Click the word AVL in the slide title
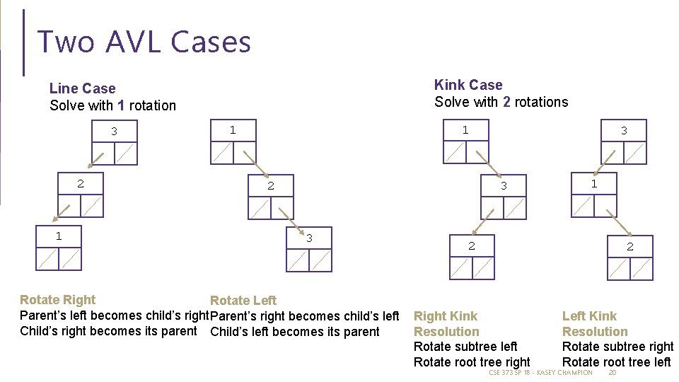tap(134, 42)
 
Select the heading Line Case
tap(82, 88)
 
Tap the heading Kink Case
tap(468, 85)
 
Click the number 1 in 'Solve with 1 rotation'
tap(122, 105)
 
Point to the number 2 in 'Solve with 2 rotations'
tap(506, 102)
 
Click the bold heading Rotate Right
tap(58, 300)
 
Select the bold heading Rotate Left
tap(243, 301)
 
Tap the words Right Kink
tap(446, 316)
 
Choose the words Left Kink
tap(589, 316)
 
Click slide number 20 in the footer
tap(613, 373)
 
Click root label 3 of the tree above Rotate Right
tap(114, 132)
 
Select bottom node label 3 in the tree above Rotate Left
tap(309, 238)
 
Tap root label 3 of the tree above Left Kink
tap(624, 131)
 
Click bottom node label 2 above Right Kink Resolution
tap(471, 246)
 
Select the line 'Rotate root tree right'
tap(472, 362)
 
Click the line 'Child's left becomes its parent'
tap(295, 332)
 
